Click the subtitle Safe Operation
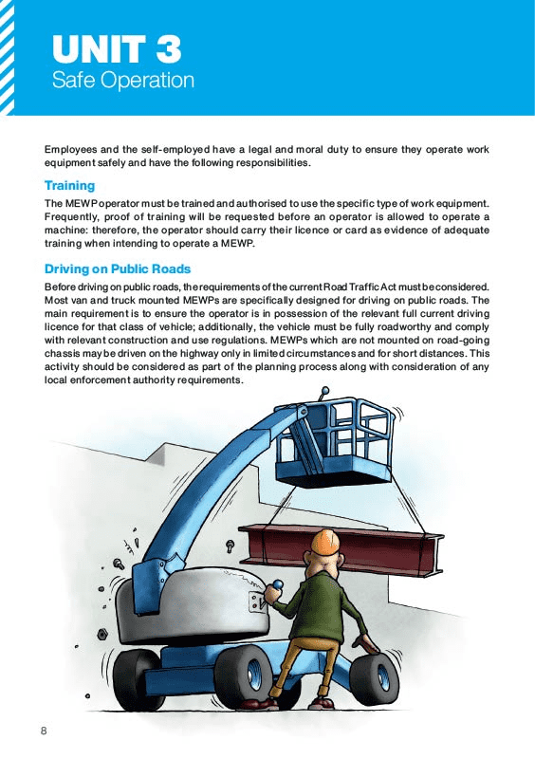(x=123, y=80)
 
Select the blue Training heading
(x=69, y=186)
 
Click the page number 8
(x=44, y=731)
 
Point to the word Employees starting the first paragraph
(x=73, y=150)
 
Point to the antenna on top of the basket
(x=324, y=391)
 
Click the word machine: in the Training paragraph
(x=73, y=231)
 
